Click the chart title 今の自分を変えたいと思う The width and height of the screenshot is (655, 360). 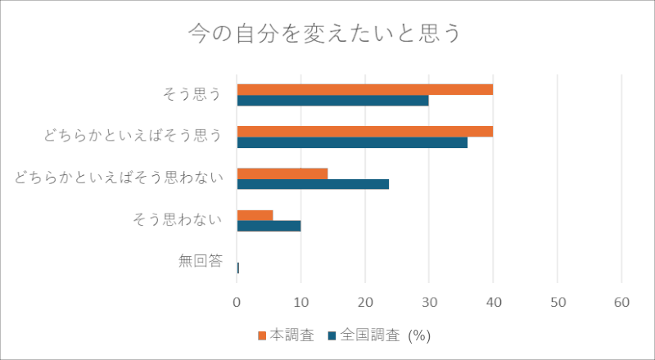point(324,34)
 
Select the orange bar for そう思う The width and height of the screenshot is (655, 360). point(365,90)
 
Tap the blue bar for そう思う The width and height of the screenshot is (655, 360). point(333,101)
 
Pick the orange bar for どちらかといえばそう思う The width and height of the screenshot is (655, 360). point(365,132)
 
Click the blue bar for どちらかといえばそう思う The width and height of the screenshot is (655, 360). point(352,142)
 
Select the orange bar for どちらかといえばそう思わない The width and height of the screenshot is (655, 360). point(282,173)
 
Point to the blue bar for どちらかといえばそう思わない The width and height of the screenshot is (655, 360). point(313,184)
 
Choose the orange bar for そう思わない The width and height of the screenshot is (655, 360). point(255,215)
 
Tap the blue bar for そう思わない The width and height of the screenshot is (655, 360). point(269,226)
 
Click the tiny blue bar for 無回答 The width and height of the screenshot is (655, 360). point(238,268)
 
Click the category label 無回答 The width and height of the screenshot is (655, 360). point(201,261)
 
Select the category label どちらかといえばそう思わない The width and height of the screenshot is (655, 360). point(119,178)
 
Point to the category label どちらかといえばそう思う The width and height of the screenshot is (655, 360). point(133,136)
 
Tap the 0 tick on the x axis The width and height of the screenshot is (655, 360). point(237,302)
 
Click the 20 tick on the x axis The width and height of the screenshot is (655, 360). point(365,302)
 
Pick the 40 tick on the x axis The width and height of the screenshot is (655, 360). point(494,302)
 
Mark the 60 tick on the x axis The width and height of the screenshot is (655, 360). point(621,302)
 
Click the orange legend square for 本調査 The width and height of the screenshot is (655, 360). point(262,336)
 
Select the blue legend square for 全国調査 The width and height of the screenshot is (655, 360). point(332,336)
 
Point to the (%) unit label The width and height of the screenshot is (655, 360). point(419,336)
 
